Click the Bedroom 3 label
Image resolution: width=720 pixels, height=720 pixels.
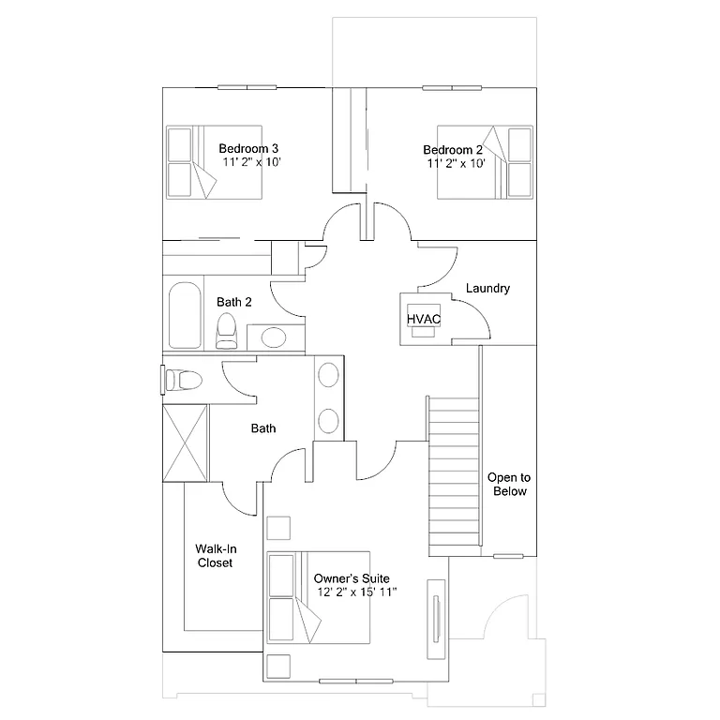248,148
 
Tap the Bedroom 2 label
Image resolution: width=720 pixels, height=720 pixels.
453,150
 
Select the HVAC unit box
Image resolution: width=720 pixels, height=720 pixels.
424,319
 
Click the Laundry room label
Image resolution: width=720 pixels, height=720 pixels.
487,289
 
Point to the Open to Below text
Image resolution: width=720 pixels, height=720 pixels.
508,485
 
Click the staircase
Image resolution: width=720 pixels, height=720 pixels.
454,473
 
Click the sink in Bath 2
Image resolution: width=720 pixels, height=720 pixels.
273,337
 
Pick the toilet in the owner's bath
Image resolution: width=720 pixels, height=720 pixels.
182,380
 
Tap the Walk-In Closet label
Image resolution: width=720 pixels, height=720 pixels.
214,556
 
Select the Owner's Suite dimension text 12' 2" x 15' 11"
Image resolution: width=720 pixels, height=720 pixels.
357,592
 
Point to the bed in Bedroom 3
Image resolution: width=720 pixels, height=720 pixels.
214,161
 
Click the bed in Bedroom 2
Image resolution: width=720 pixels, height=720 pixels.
486,161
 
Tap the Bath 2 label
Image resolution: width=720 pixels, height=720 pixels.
234,302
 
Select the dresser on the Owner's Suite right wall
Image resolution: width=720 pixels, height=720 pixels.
436,621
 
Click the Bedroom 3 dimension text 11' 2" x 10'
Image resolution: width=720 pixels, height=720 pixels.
252,162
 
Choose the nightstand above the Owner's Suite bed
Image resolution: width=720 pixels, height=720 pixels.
278,528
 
